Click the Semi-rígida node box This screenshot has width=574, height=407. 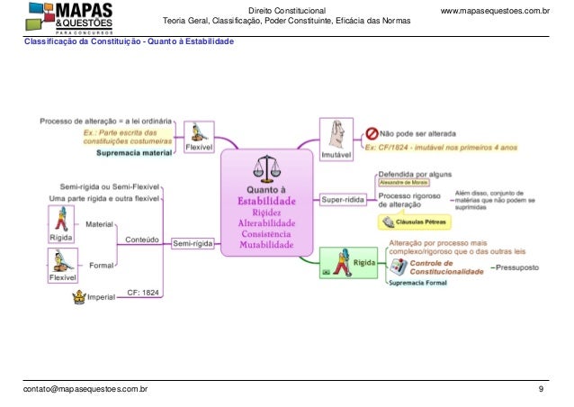(x=193, y=242)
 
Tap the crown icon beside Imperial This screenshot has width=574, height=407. (x=79, y=295)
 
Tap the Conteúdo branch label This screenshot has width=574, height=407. (x=142, y=240)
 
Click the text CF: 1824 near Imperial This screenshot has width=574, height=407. (x=143, y=293)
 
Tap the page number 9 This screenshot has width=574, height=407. (x=540, y=389)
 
